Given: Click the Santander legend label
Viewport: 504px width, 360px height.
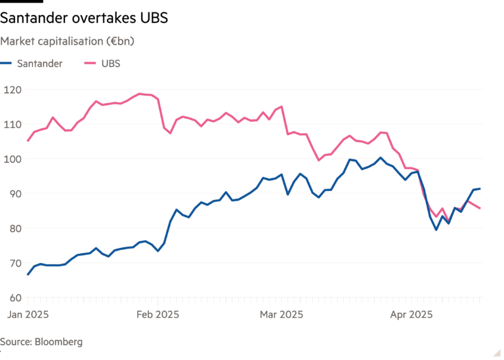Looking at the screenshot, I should pos(39,64).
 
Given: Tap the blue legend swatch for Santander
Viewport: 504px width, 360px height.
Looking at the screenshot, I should pos(6,64).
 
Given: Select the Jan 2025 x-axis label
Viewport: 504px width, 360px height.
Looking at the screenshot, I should pos(28,314).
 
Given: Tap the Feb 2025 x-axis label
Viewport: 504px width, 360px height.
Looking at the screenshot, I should pos(157,314).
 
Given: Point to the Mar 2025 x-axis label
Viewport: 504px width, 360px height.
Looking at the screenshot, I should pos(281,314).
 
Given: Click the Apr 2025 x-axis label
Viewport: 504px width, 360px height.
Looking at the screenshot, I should pos(411,314).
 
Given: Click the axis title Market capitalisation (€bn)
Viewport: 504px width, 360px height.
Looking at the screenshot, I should pos(68,41).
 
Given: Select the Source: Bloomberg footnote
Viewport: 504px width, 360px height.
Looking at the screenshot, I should pos(41,342).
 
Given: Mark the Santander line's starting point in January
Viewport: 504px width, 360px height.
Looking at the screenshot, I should pos(28,275).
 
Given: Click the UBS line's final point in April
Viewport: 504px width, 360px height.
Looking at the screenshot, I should pos(481,209).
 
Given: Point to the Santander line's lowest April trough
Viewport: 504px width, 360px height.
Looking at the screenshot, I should pos(436,230).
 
